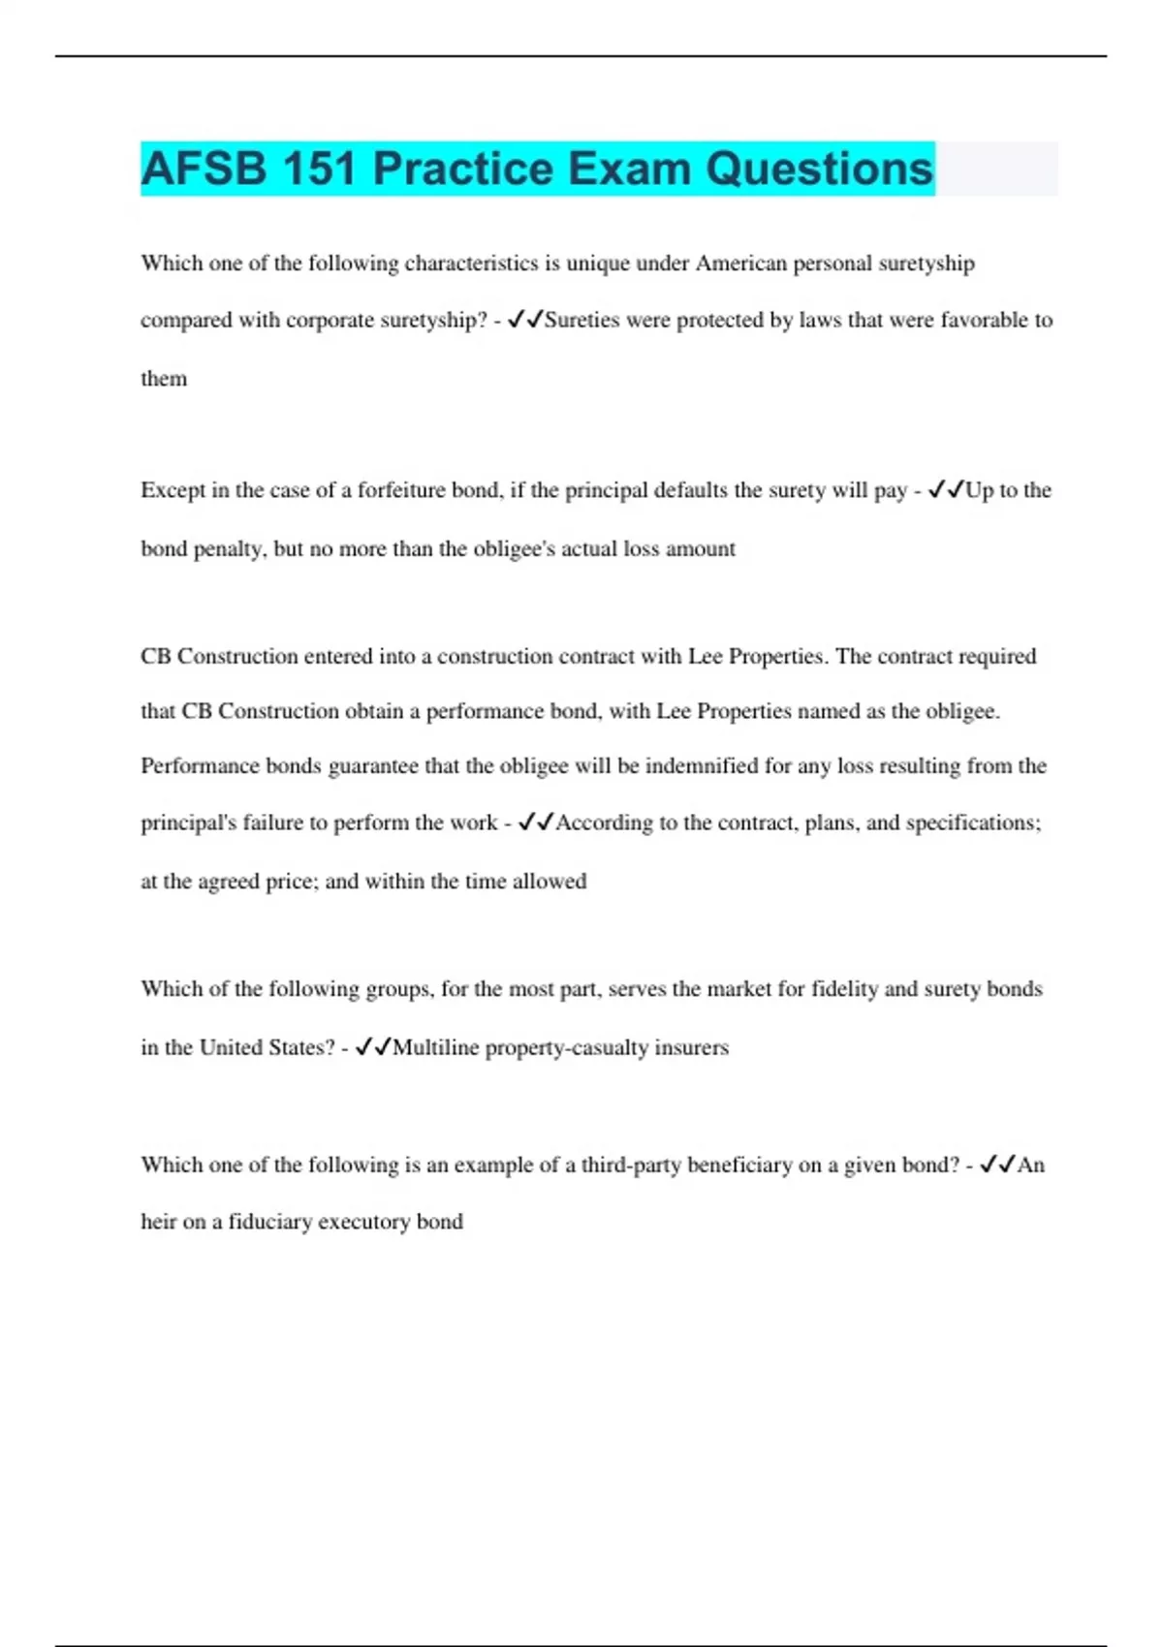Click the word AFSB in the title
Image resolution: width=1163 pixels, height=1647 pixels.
(203, 169)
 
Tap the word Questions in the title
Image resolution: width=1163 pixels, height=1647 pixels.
(819, 169)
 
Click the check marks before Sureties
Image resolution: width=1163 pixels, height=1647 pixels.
(525, 320)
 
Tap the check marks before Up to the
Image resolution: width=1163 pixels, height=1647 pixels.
(945, 490)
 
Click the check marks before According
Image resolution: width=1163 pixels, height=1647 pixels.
(536, 823)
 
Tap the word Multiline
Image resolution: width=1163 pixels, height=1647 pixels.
(436, 1047)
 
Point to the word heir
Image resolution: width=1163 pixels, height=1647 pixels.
(159, 1222)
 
